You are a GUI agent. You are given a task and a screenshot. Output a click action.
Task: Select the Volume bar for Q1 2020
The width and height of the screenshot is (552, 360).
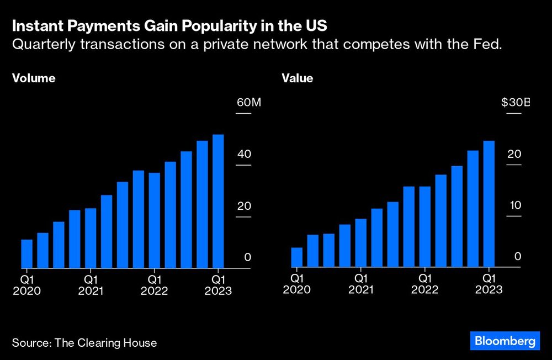click(26, 253)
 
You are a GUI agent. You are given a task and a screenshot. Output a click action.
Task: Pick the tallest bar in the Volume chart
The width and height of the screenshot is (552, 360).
click(218, 201)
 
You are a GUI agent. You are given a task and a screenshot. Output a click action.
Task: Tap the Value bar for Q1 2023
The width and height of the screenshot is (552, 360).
click(489, 204)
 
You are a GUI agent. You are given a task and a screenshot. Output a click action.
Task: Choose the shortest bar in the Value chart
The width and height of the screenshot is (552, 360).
click(297, 257)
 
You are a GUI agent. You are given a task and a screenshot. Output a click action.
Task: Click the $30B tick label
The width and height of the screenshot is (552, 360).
click(514, 103)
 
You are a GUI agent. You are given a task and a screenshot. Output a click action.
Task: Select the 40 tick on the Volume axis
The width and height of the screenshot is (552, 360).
click(244, 154)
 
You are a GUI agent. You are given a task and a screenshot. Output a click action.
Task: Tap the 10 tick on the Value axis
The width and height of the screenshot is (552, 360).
click(514, 205)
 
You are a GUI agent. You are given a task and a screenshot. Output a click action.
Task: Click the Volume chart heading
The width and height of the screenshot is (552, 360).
click(34, 78)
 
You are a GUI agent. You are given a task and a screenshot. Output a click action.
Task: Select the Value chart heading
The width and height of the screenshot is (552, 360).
click(298, 78)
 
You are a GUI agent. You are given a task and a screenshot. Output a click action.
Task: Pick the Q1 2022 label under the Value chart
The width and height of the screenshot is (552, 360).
click(424, 284)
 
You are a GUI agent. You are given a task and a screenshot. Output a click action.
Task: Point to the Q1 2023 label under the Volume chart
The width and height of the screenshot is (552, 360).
click(218, 285)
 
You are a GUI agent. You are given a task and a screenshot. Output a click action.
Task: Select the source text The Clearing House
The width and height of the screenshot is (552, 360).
click(105, 343)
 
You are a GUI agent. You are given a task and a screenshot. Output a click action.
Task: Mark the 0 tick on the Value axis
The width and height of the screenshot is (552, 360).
click(518, 257)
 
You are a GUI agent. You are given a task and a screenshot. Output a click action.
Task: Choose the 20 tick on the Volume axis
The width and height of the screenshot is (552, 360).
click(244, 206)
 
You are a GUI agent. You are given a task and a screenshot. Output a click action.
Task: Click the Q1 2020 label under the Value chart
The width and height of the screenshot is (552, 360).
click(296, 284)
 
